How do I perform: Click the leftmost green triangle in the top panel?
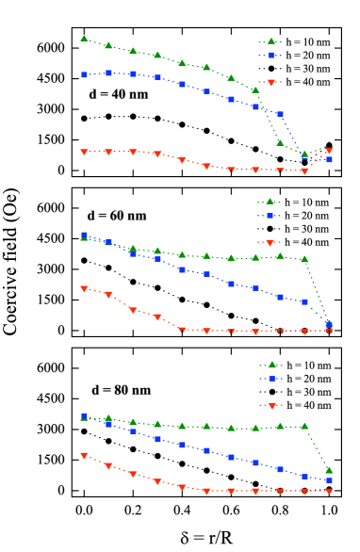(x=84, y=39)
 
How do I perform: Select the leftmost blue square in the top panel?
(x=84, y=74)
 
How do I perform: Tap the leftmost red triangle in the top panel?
(x=84, y=152)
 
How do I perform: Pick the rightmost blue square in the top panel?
(x=329, y=160)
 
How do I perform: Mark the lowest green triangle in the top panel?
(x=304, y=154)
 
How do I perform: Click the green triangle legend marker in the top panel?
(x=270, y=41)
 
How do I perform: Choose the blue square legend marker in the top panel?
(x=270, y=56)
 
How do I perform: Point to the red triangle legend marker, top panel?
(x=270, y=83)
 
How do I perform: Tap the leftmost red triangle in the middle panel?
(x=84, y=289)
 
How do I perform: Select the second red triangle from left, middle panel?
(x=108, y=295)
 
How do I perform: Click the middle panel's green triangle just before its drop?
(x=304, y=259)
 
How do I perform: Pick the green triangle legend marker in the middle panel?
(x=270, y=202)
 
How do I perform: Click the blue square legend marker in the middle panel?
(x=270, y=216)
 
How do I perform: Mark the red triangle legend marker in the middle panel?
(x=270, y=243)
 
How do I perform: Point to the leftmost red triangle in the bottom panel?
(x=84, y=456)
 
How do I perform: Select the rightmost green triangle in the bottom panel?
(x=329, y=470)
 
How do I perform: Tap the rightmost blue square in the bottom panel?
(x=329, y=480)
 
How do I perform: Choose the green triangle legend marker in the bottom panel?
(x=272, y=365)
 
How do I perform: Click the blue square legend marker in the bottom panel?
(x=272, y=379)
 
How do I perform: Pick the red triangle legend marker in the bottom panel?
(x=272, y=406)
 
